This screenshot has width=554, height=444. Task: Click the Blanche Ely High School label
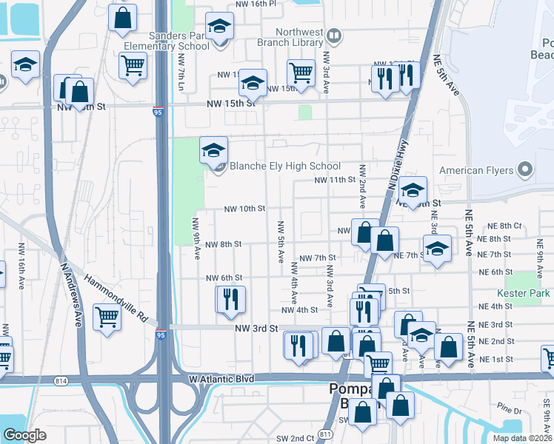(285, 166)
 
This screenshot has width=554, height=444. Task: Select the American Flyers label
(476, 170)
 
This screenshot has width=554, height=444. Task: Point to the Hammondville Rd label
(116, 298)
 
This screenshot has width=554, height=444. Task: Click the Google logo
(24, 435)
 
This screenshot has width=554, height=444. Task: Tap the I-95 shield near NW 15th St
(158, 112)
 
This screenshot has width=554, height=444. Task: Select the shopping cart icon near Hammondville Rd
(107, 317)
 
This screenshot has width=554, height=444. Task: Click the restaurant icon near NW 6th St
(230, 298)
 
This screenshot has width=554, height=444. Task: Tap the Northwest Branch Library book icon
(334, 34)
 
